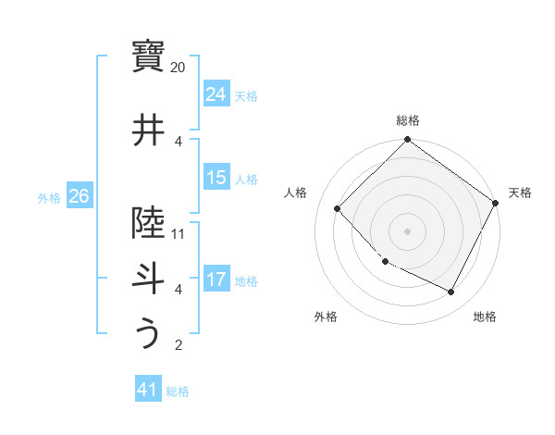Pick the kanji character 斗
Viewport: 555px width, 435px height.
[148, 278]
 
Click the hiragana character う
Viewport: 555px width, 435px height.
[148, 333]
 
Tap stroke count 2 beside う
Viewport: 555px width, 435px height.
[179, 345]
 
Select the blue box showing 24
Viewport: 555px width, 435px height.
[216, 94]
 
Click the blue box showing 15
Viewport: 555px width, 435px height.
[216, 178]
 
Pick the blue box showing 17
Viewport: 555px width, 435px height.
[216, 280]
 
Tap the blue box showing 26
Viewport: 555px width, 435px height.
[79, 196]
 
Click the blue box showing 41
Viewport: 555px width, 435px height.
[148, 390]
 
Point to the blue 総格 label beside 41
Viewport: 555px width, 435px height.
[178, 391]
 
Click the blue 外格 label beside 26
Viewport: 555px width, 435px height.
[49, 197]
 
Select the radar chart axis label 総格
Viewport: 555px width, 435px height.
[408, 120]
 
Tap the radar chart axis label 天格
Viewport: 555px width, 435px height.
[520, 193]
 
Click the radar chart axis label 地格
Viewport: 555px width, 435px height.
[485, 317]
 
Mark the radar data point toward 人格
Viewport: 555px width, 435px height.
[338, 208]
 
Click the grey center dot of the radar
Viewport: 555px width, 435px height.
[408, 230]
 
